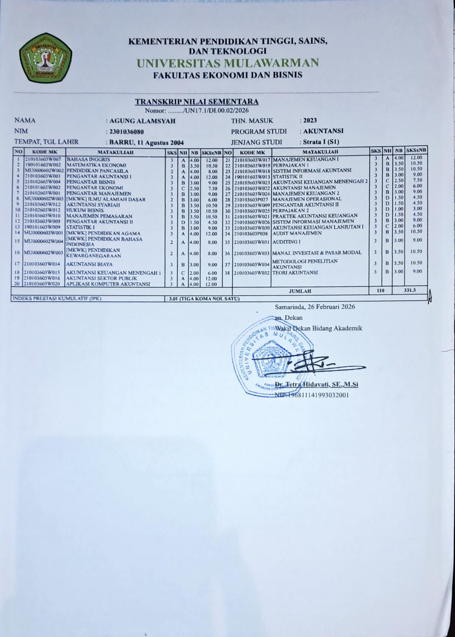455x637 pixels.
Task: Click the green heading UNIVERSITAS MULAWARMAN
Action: [227, 63]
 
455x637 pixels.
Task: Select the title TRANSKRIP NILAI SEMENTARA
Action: [197, 102]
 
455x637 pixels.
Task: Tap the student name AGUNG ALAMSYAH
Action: [142, 121]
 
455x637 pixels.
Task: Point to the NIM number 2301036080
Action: [127, 131]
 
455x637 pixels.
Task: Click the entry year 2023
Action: [310, 120]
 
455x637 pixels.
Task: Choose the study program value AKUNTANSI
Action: [323, 131]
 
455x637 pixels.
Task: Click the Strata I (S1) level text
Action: [321, 142]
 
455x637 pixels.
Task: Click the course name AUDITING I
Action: [286, 242]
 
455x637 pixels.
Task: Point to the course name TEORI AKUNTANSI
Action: [295, 273]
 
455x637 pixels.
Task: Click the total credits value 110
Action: [380, 290]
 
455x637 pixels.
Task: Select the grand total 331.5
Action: [409, 290]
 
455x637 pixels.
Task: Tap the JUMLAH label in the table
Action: [301, 291]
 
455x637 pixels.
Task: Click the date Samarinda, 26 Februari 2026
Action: [315, 307]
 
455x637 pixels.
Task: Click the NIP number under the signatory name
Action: [312, 395]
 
